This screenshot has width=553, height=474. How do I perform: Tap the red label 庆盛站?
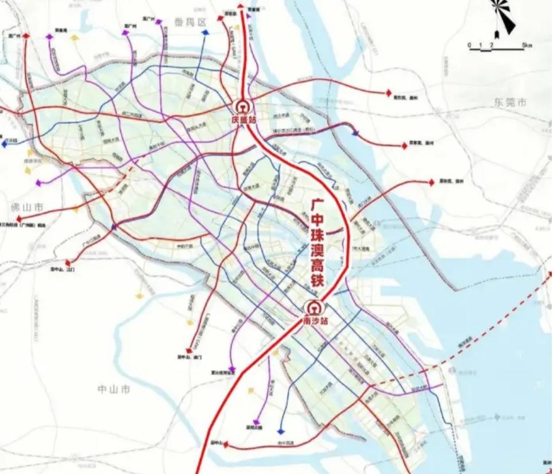243,120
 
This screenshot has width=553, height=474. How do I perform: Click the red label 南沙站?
314,321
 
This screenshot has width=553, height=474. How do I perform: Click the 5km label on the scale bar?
527,45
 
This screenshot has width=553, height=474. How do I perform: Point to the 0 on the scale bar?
469,45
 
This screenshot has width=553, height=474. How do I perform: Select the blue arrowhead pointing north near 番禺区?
205,33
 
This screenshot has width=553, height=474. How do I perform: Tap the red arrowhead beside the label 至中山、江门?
68,262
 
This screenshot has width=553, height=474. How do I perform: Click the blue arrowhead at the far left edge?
4,145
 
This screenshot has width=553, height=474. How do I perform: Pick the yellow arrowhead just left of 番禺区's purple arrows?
74,37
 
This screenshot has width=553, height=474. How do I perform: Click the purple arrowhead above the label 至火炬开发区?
231,369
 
